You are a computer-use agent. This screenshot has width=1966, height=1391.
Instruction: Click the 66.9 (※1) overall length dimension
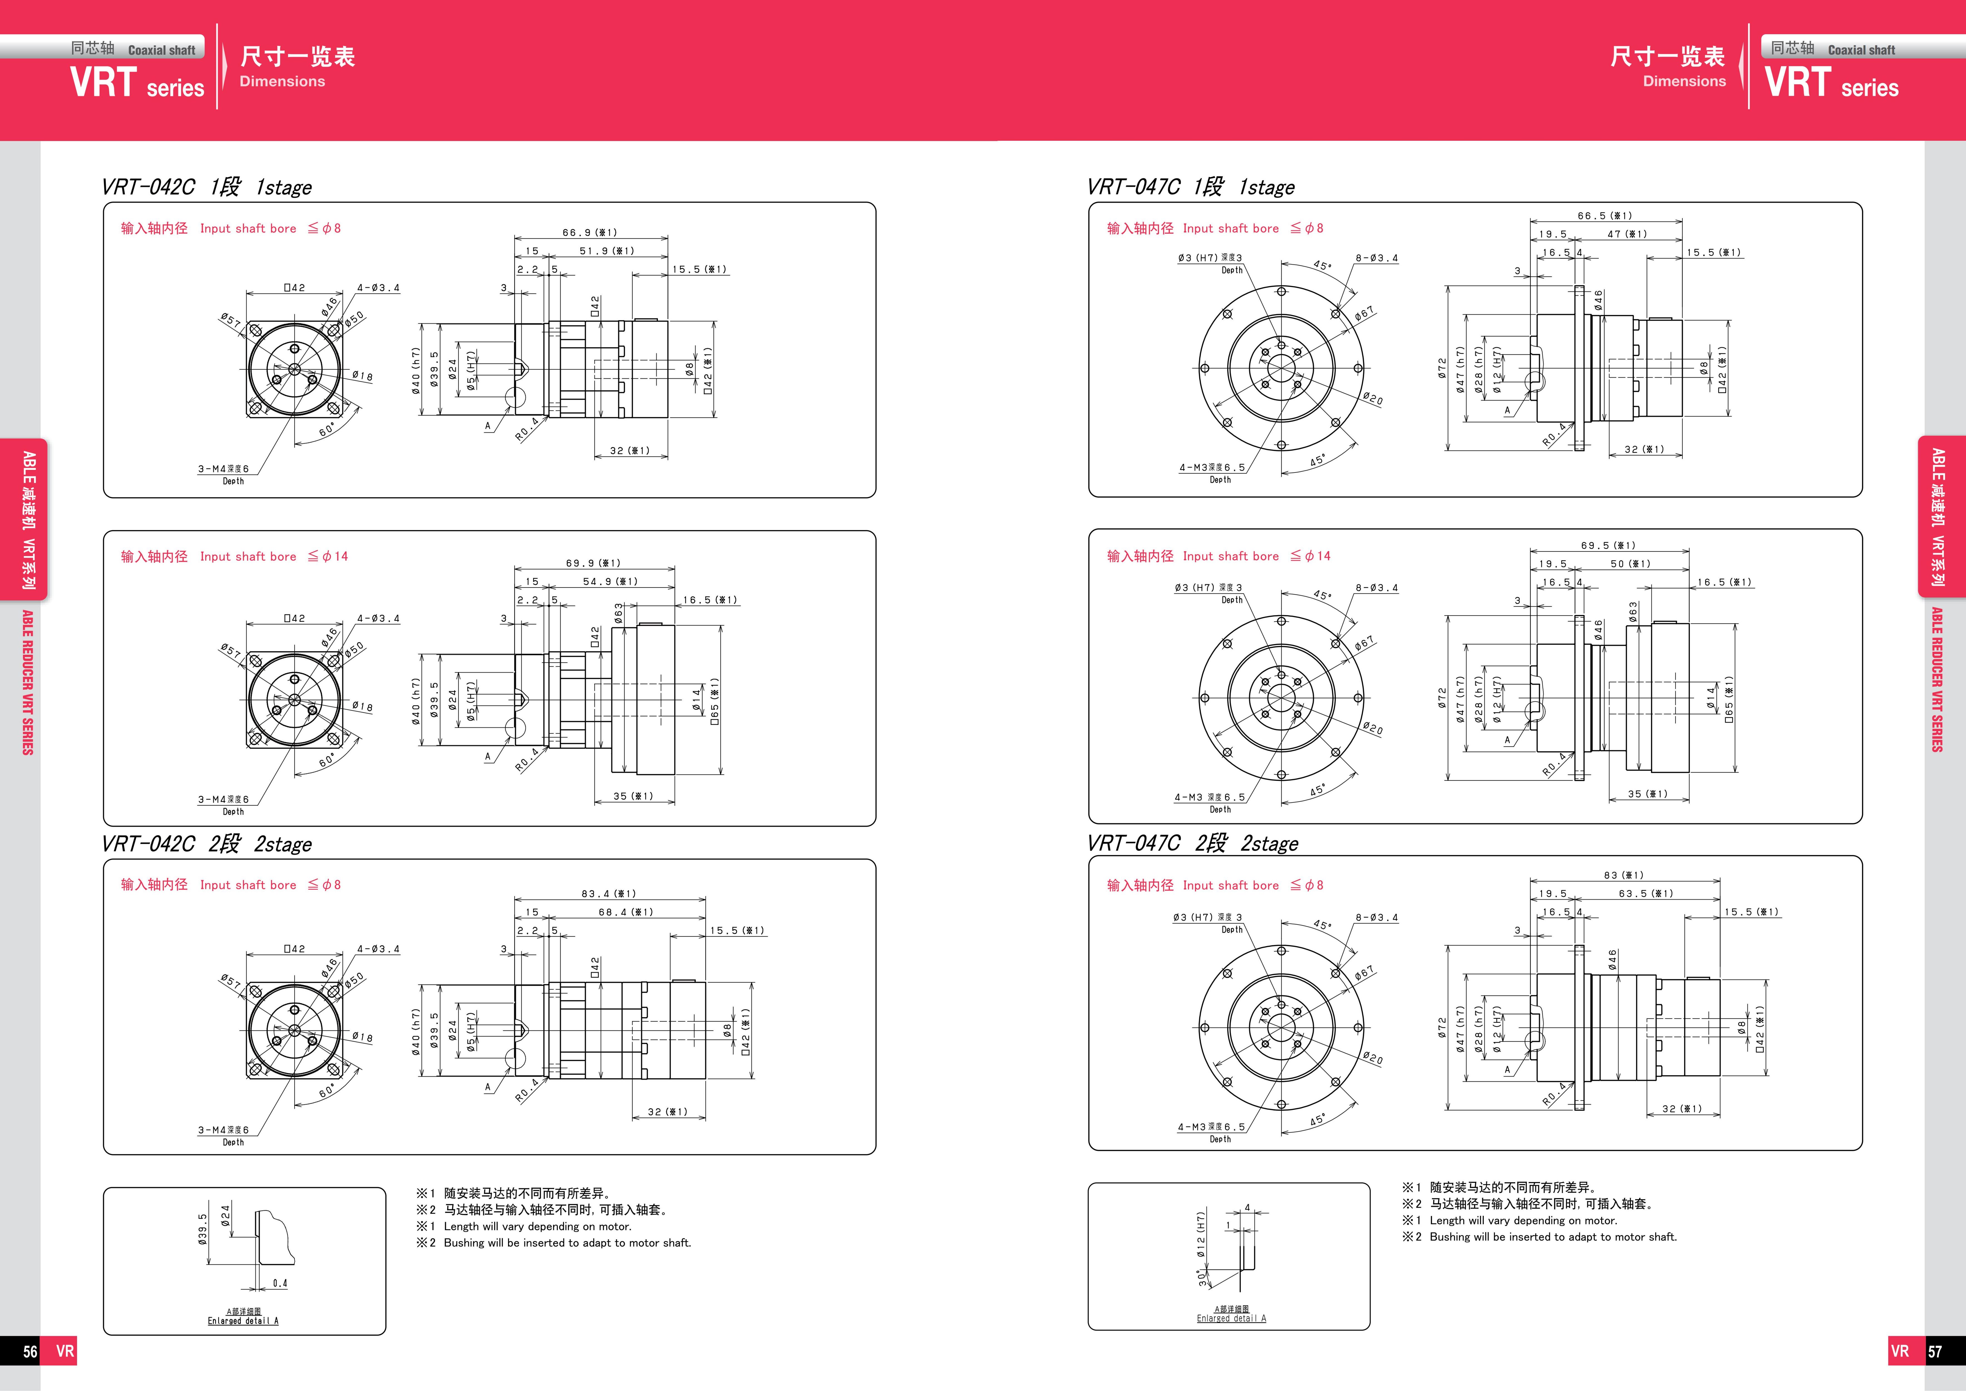pos(590,232)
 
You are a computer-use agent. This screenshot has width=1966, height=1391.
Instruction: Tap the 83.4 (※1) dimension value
pos(609,893)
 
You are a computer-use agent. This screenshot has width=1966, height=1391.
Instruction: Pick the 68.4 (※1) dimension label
pos(626,912)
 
